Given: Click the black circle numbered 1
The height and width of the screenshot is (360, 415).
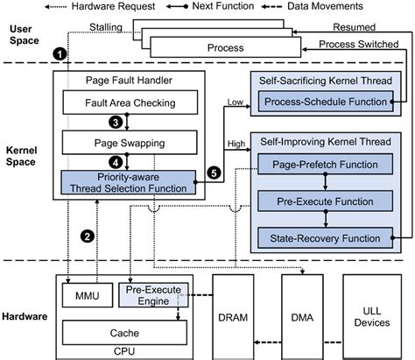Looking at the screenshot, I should click(59, 54).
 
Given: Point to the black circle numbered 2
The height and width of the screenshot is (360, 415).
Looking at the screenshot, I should click(88, 235).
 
